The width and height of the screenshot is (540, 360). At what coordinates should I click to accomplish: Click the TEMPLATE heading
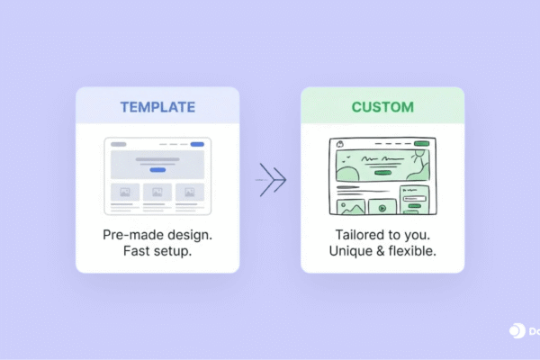pyautogui.click(x=157, y=107)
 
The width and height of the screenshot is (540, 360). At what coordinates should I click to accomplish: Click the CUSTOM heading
pyautogui.click(x=382, y=107)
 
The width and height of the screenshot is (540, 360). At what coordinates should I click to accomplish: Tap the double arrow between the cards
pyautogui.click(x=271, y=180)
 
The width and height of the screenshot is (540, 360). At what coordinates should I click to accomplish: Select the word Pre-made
pyautogui.click(x=131, y=234)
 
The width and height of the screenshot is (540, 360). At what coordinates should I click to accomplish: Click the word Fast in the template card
pyautogui.click(x=137, y=251)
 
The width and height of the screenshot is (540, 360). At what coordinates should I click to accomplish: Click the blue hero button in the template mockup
pyautogui.click(x=157, y=169)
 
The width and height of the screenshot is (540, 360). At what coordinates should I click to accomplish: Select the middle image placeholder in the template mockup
pyautogui.click(x=157, y=192)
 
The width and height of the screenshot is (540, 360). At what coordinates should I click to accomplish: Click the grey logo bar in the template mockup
pyautogui.click(x=118, y=144)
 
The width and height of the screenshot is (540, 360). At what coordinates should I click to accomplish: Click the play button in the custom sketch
pyautogui.click(x=382, y=208)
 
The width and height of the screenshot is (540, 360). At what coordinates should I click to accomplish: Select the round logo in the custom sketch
pyautogui.click(x=340, y=144)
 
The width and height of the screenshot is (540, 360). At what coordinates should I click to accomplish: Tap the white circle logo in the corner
pyautogui.click(x=517, y=331)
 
